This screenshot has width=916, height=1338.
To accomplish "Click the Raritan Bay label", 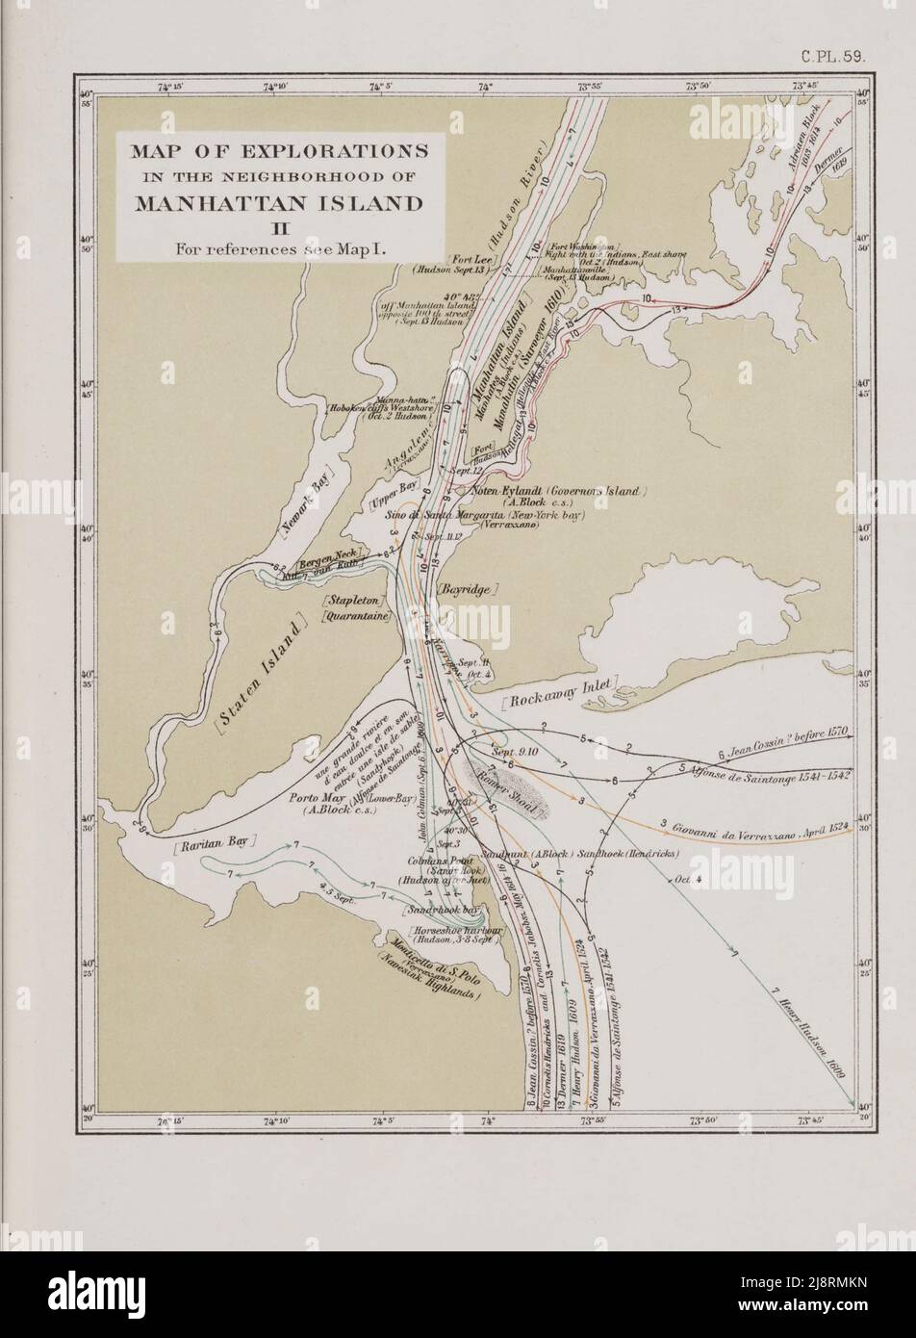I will tap(217, 841).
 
